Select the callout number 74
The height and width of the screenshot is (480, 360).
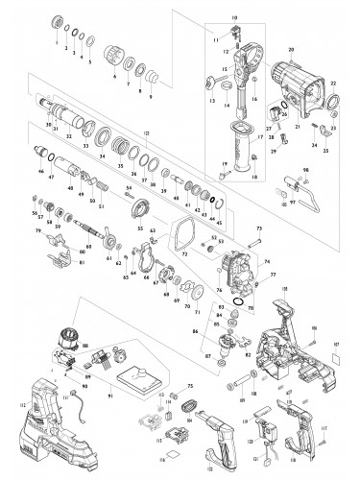click(267, 260)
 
